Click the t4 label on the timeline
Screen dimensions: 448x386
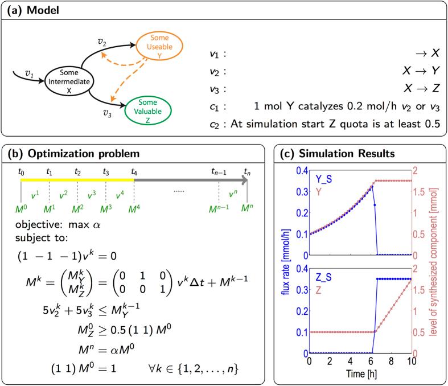[x=134, y=170]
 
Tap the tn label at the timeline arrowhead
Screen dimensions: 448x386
[x=246, y=170]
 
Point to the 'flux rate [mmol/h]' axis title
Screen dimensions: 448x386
[x=285, y=262]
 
